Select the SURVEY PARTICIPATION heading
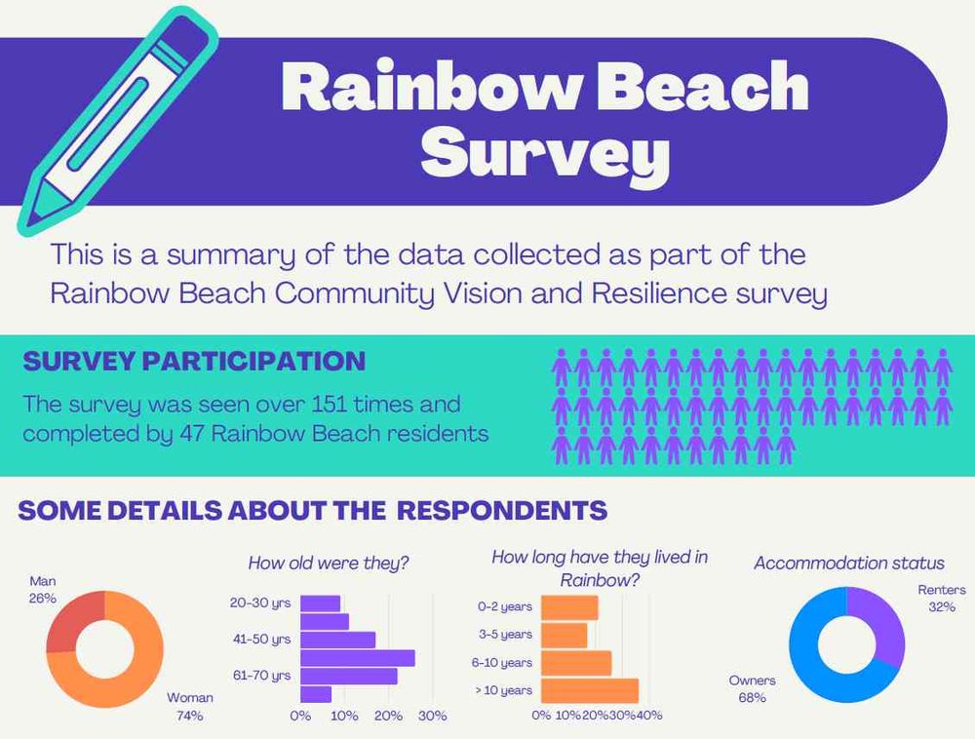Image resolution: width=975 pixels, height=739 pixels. (x=194, y=361)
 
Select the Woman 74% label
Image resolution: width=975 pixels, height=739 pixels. (x=189, y=707)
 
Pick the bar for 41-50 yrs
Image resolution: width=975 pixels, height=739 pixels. (x=338, y=640)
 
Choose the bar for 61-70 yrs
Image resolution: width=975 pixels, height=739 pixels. (x=349, y=676)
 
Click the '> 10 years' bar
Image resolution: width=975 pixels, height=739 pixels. (x=590, y=691)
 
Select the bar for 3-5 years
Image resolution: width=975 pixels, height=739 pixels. (x=565, y=636)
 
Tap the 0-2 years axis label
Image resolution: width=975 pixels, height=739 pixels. (x=505, y=606)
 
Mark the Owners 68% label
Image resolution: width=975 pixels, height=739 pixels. (x=753, y=688)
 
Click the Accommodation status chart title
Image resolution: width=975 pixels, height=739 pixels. (x=849, y=563)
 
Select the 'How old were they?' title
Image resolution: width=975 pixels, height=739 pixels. (x=328, y=563)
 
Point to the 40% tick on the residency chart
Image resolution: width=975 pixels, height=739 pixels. (x=650, y=716)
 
